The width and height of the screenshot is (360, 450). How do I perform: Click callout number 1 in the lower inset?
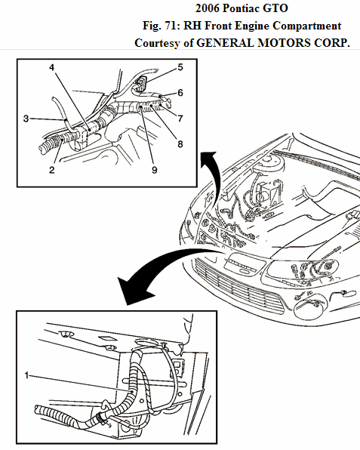click(26, 375)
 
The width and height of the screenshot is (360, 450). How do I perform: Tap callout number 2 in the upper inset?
click(51, 170)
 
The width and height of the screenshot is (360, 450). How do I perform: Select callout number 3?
click(26, 119)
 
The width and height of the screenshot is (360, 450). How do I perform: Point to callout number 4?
click(51, 67)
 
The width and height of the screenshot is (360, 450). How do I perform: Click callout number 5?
click(180, 67)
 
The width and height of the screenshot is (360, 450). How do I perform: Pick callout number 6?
click(180, 93)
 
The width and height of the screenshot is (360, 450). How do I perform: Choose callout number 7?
click(180, 119)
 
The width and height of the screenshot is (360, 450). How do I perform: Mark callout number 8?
click(180, 144)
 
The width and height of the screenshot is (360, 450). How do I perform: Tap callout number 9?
click(155, 170)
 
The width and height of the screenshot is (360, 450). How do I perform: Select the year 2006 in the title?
click(207, 8)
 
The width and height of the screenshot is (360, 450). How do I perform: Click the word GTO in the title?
click(275, 8)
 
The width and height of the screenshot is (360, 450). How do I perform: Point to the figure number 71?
click(171, 26)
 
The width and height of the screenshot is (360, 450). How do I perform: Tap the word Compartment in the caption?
click(307, 26)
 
